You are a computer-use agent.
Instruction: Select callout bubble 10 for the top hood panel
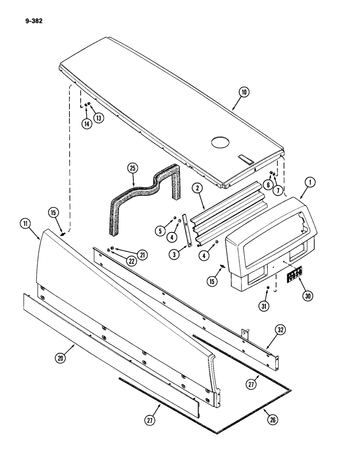click(243, 92)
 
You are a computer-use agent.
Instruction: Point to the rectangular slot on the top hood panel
click(246, 159)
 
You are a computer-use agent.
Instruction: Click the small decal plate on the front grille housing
click(294, 275)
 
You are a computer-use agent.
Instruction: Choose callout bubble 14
click(87, 124)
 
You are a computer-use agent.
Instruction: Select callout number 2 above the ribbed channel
click(199, 189)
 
